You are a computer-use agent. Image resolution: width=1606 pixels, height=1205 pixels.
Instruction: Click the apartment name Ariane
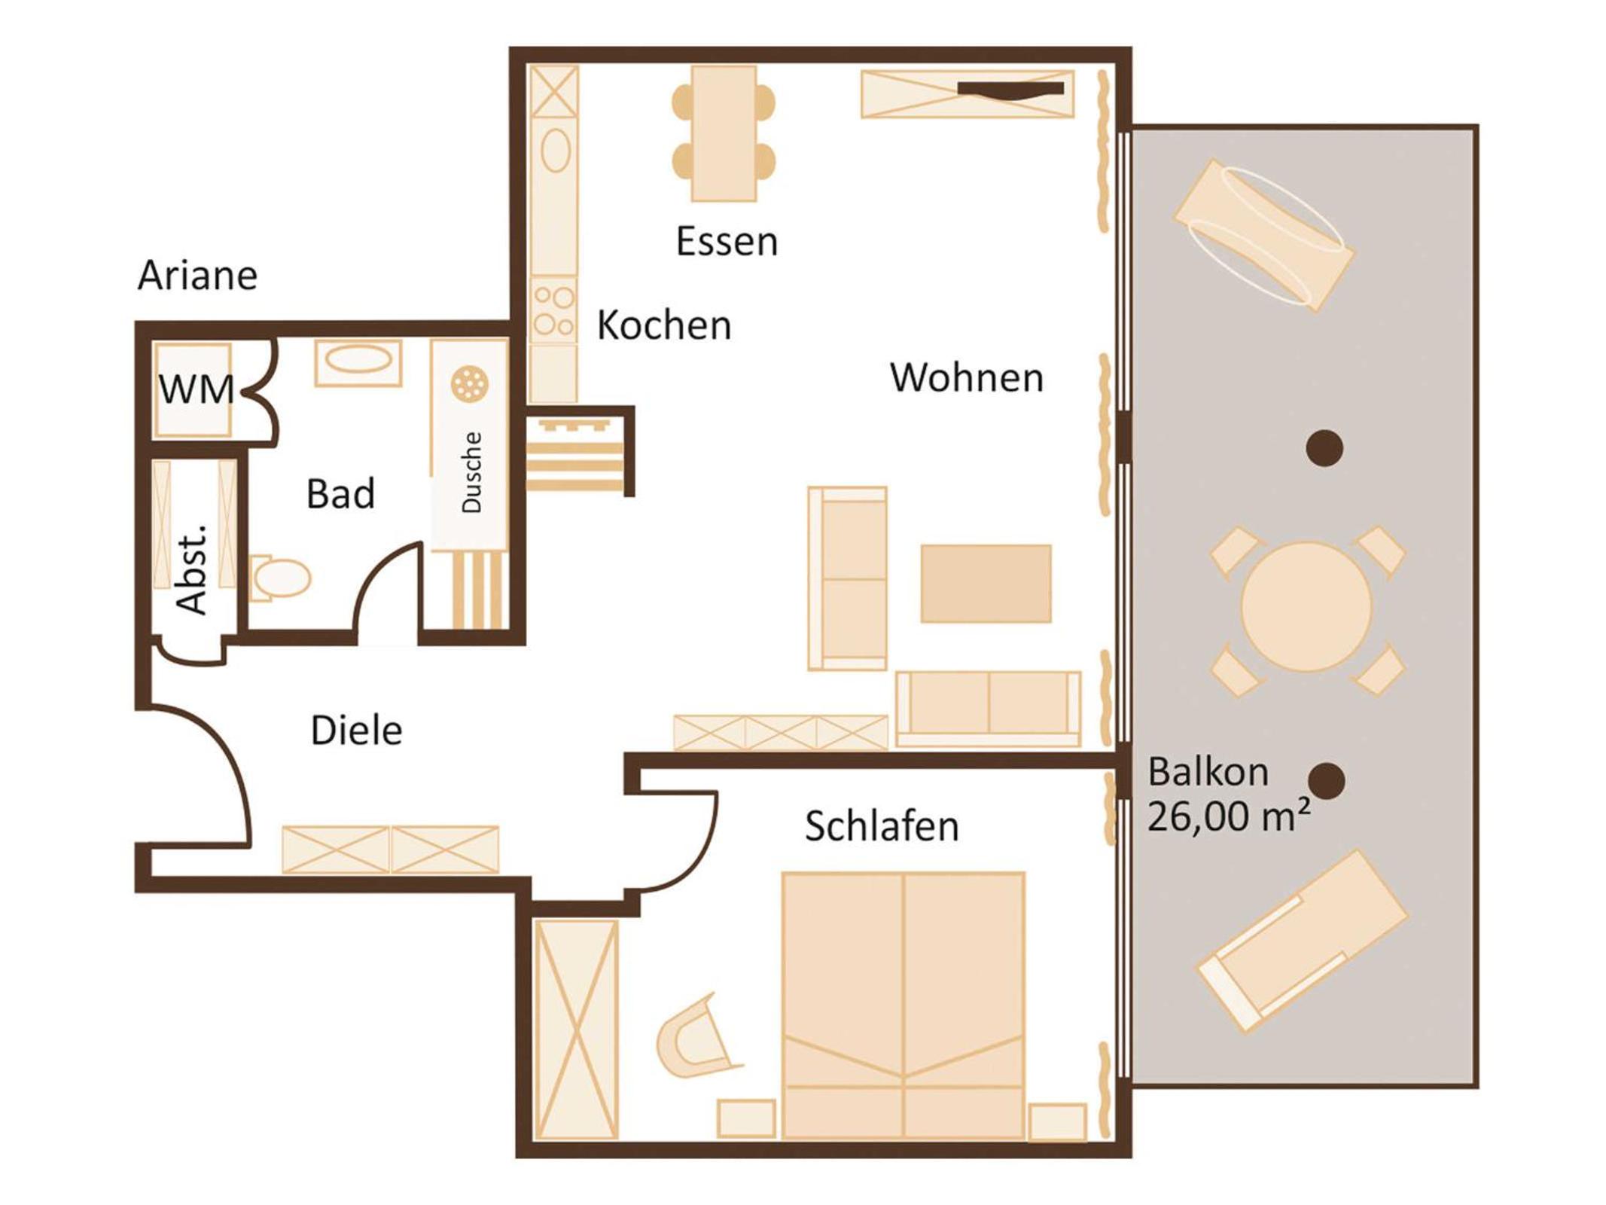pyautogui.click(x=197, y=275)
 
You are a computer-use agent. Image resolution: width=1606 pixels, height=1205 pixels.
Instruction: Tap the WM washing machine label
pyautogui.click(x=196, y=389)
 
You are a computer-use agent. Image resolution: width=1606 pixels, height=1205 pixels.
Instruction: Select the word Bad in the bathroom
pyautogui.click(x=340, y=494)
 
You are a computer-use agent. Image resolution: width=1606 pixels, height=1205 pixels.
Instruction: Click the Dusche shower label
pyautogui.click(x=471, y=473)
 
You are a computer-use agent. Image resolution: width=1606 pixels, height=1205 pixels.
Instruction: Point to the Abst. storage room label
pyautogui.click(x=191, y=569)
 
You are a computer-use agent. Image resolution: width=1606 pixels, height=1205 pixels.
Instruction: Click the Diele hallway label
pyautogui.click(x=356, y=731)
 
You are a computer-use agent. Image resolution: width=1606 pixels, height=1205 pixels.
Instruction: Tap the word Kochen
pyautogui.click(x=664, y=325)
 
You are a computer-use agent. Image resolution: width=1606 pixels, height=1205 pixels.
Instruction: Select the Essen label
pyautogui.click(x=727, y=242)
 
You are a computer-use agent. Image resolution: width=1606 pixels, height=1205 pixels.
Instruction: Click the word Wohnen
pyautogui.click(x=967, y=377)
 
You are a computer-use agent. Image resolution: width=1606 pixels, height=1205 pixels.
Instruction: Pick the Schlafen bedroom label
pyautogui.click(x=882, y=826)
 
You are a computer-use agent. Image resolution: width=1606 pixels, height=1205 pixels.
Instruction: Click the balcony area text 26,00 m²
pyautogui.click(x=1228, y=816)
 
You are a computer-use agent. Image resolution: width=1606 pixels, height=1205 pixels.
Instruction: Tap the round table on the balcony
pyautogui.click(x=1306, y=606)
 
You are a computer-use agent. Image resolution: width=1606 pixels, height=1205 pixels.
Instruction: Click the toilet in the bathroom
pyautogui.click(x=280, y=578)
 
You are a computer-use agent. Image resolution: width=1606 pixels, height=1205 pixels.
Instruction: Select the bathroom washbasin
pyautogui.click(x=358, y=362)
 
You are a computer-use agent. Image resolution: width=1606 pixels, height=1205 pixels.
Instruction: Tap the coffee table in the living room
pyautogui.click(x=986, y=584)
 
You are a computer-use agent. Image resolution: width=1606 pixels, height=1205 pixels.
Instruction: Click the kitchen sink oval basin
pyautogui.click(x=556, y=150)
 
